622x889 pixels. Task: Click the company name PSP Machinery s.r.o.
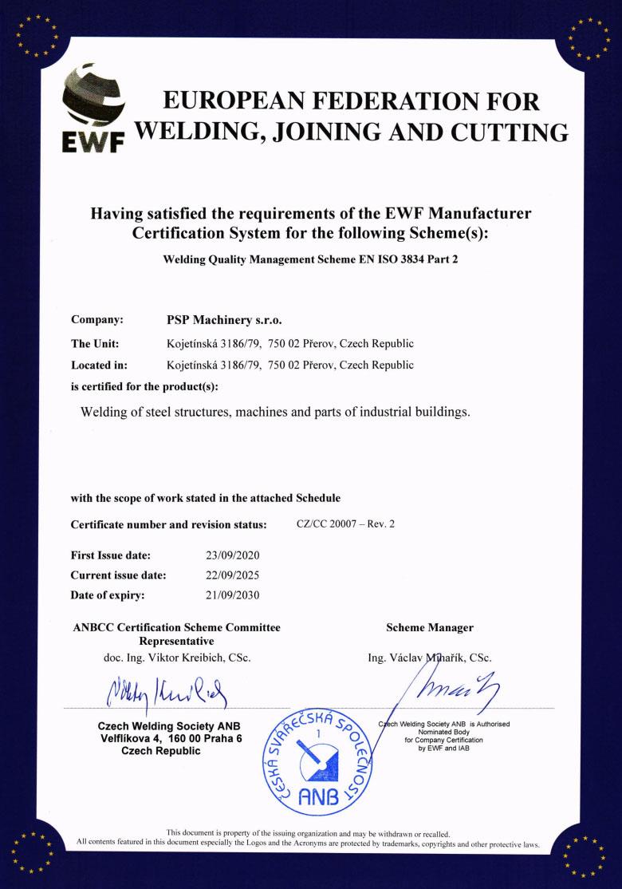point(218,320)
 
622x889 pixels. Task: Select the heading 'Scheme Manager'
point(429,627)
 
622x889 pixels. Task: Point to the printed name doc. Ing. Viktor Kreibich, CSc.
point(177,658)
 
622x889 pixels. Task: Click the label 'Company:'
point(96,320)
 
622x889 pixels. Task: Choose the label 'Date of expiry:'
point(108,595)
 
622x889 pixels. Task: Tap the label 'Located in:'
point(100,365)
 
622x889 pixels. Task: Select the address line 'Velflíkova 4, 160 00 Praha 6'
point(169,738)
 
